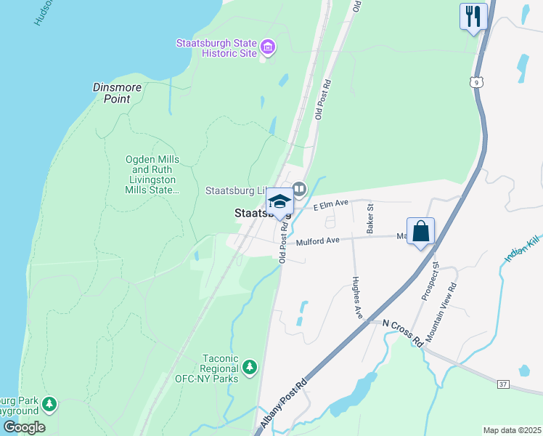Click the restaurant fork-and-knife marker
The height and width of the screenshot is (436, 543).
pyautogui.click(x=473, y=16)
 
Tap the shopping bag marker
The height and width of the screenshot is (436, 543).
pyautogui.click(x=420, y=232)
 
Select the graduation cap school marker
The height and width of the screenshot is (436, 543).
pyautogui.click(x=279, y=202)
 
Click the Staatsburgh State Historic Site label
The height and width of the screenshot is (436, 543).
pyautogui.click(x=216, y=48)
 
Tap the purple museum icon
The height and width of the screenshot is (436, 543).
pyautogui.click(x=268, y=48)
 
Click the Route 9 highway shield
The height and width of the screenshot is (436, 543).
pyautogui.click(x=475, y=83)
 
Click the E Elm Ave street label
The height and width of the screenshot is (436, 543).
pyautogui.click(x=332, y=206)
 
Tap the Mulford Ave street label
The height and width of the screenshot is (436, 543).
pyautogui.click(x=317, y=241)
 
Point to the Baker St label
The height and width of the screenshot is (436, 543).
pyautogui.click(x=370, y=217)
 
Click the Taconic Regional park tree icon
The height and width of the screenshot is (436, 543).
pyautogui.click(x=250, y=367)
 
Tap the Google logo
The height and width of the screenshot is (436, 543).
pyautogui.click(x=24, y=427)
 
